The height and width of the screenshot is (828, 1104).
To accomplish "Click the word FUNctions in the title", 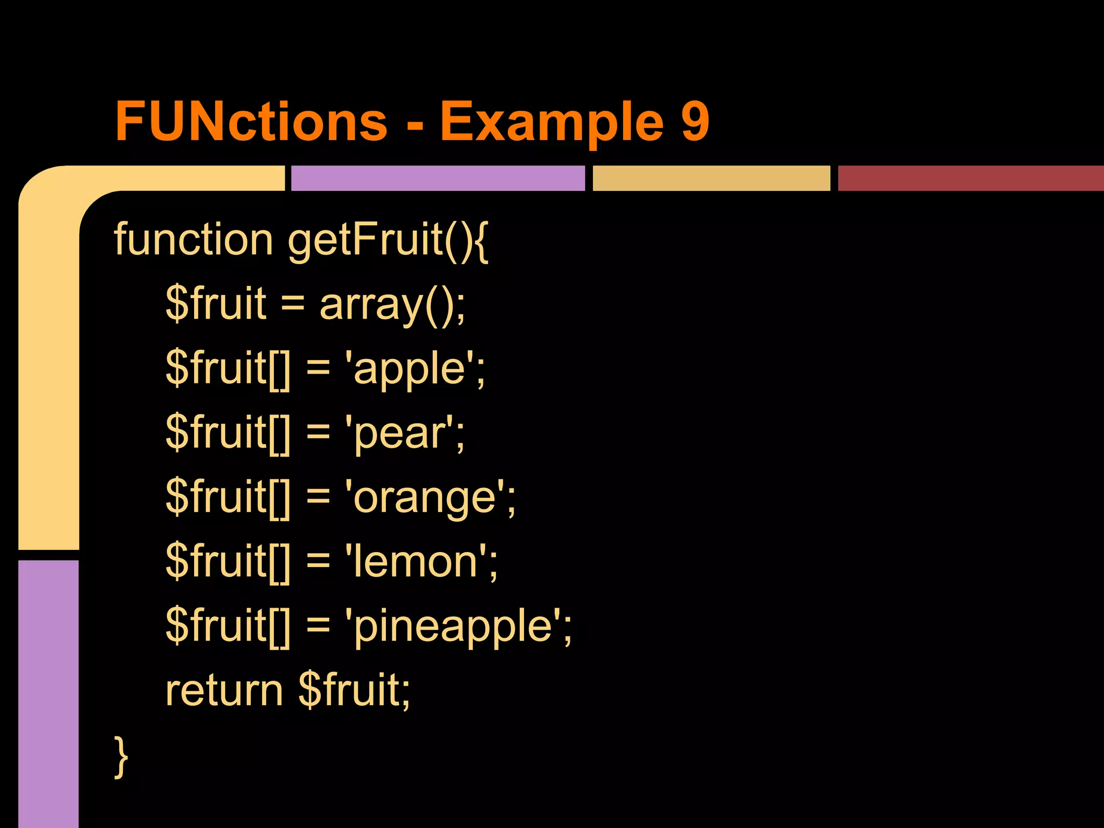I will click(251, 121).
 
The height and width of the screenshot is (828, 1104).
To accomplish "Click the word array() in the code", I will click(392, 305).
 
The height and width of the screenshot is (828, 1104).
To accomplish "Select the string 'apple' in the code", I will click(414, 369).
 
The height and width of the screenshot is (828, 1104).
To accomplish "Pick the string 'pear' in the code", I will click(404, 433).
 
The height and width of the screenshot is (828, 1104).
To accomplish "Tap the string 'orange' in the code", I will click(429, 498).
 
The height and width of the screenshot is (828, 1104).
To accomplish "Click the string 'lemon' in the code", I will click(420, 561).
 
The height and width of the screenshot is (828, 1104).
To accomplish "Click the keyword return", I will click(224, 690).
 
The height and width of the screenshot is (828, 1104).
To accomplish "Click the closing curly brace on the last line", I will click(121, 756).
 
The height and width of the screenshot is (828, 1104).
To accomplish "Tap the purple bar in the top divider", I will click(438, 178).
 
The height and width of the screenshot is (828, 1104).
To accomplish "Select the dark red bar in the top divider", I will click(970, 178).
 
